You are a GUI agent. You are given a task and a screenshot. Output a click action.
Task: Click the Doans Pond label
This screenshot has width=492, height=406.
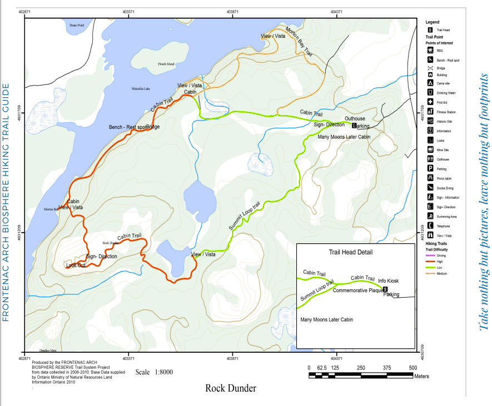coord(77,26)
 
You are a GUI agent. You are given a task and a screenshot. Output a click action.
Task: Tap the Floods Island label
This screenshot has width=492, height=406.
coord(166,64)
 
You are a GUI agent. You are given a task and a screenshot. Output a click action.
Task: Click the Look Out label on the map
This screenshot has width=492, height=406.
coord(76,265)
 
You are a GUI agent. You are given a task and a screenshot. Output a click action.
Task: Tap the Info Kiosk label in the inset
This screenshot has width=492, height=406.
coord(389,280)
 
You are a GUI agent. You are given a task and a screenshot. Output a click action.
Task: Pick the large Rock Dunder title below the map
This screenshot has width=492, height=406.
coord(231,388)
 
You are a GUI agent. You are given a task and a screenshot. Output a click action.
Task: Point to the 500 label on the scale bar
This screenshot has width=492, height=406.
coord(413,368)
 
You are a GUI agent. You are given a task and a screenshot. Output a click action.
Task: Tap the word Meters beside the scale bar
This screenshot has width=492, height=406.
coord(421,376)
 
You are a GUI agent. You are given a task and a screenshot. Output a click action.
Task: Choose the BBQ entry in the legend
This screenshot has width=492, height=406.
coord(440,50)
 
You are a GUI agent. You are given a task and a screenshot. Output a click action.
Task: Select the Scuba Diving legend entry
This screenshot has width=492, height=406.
coord(445,188)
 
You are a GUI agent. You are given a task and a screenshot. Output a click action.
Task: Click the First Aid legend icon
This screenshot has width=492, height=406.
coord(430,102)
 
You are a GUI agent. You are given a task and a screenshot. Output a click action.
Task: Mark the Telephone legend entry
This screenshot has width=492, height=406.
coord(444,227)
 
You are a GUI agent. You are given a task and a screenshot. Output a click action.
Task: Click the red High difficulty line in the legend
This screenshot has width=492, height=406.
coord(430,262)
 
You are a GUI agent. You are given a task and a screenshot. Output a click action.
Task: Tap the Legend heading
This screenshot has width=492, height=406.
coord(433,22)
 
